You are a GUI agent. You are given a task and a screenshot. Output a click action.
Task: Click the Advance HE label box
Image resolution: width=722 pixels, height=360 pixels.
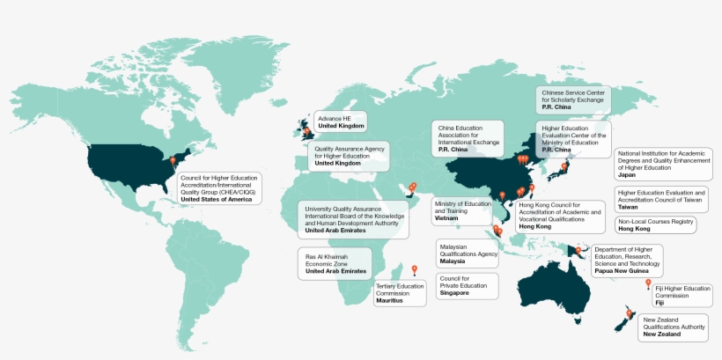(x=341, y=121)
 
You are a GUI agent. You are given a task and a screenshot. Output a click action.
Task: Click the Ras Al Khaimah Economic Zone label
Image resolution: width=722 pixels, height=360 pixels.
(x=335, y=262)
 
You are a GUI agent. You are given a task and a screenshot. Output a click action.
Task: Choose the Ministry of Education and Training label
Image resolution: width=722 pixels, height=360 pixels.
(x=464, y=210)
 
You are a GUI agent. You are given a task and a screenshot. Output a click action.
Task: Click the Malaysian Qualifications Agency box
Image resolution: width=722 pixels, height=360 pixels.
(x=468, y=253)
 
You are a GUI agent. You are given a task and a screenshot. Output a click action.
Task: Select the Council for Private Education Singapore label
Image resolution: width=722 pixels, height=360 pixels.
(x=466, y=285)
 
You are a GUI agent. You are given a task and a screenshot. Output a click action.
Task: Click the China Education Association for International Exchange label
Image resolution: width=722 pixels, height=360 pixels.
(x=469, y=140)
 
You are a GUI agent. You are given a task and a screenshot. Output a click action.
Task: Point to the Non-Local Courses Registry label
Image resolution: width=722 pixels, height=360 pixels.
(x=654, y=224)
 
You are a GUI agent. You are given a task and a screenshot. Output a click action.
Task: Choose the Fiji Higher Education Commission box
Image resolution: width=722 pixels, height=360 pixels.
(x=683, y=295)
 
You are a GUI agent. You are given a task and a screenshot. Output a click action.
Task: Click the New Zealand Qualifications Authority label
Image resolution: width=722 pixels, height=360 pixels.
(x=674, y=327)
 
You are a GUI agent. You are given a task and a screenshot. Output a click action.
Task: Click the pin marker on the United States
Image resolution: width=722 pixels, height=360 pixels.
(x=173, y=162)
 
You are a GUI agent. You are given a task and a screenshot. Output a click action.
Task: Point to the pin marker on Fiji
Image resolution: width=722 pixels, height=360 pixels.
(x=648, y=283)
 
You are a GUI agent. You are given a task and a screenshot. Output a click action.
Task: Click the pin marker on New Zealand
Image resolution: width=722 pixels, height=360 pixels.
(x=629, y=313)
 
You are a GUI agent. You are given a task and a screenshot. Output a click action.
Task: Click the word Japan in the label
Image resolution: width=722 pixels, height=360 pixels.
(x=627, y=174)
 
